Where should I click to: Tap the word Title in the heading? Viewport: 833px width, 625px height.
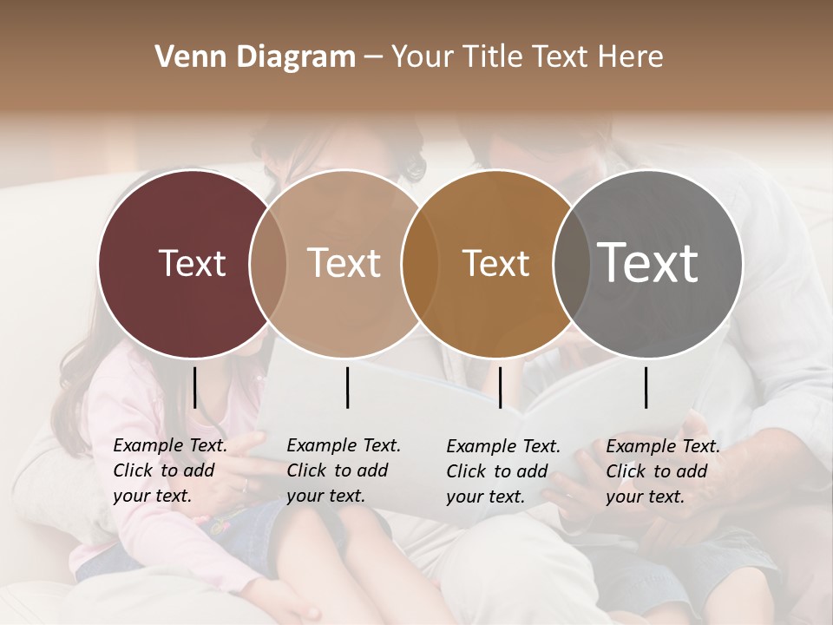492,57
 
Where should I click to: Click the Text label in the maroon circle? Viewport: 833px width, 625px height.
192,263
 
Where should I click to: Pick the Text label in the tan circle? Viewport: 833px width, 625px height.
344,263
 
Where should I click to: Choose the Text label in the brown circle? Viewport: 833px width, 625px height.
495,263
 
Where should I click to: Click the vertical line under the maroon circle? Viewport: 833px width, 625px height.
195,387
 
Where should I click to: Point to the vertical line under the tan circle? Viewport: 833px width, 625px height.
347,387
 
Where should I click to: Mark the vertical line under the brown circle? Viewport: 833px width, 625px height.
500,387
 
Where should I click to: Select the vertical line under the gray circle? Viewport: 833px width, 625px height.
646,387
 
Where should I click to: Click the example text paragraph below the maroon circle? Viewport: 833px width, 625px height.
170,471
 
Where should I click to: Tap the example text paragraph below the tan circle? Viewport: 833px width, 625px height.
344,471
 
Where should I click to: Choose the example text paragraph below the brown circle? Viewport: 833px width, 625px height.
503,471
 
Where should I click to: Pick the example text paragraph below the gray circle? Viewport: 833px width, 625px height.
663,471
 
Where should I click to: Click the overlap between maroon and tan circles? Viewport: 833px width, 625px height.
268,264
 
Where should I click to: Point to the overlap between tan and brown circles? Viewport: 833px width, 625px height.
420,264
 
